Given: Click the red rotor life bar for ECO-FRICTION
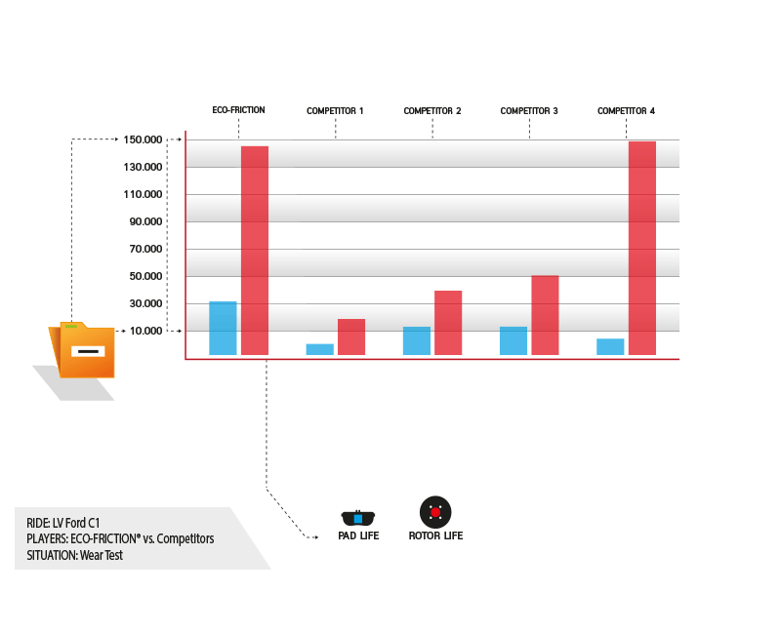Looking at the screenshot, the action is click(x=255, y=251).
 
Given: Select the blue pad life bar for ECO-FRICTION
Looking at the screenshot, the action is click(x=223, y=328).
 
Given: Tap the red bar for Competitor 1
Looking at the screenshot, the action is click(x=351, y=337).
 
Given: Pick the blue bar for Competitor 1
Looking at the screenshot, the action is click(x=320, y=349).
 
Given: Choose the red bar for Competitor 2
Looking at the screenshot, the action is click(x=448, y=323).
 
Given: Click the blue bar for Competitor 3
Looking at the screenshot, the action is click(x=514, y=340).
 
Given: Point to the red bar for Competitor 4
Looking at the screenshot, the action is click(x=642, y=249).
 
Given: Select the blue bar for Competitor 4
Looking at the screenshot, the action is click(x=610, y=347).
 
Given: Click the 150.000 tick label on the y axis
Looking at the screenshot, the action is click(x=143, y=139).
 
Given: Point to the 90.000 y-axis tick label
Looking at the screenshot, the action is click(x=145, y=221).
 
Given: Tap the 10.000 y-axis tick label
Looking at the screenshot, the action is click(x=145, y=331).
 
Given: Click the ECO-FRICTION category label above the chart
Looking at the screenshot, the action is click(x=238, y=110).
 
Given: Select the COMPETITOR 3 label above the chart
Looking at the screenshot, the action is click(x=529, y=111).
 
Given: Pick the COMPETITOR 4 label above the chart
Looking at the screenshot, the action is click(x=626, y=111).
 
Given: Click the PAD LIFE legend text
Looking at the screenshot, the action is click(x=358, y=535).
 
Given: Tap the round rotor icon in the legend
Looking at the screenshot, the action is click(x=435, y=512).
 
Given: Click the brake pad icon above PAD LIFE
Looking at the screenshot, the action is click(x=358, y=518).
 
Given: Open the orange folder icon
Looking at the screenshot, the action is click(x=82, y=350).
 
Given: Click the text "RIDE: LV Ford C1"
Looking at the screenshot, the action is click(x=63, y=523).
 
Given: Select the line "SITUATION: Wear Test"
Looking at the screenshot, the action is click(x=75, y=555).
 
